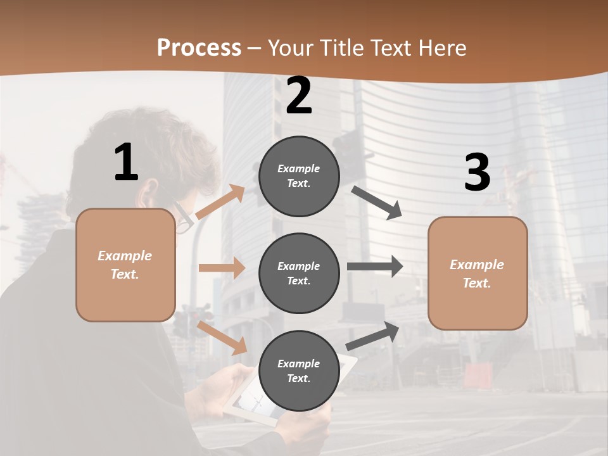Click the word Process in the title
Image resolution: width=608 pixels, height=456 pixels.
199,48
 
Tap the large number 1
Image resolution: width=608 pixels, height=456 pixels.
126,163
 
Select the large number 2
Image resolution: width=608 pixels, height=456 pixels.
299,96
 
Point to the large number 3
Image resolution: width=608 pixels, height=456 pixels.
477,173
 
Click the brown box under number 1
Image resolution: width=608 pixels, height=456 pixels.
125,265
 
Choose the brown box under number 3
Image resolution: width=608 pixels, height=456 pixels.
478,273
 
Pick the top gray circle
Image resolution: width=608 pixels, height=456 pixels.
299,176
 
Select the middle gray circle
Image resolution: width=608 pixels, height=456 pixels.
299,273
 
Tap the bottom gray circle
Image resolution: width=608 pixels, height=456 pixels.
299,370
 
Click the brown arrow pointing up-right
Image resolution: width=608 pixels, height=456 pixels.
220,202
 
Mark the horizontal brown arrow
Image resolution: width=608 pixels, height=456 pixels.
221,268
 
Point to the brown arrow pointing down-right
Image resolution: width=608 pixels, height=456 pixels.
222,337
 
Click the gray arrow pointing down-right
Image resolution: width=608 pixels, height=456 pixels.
377,203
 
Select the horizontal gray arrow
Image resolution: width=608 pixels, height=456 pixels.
374,267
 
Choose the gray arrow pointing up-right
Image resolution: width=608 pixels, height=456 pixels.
373,336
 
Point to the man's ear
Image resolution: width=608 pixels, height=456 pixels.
149,190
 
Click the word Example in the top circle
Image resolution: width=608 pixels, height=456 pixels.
299,168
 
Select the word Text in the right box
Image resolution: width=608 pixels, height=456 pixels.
477,283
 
